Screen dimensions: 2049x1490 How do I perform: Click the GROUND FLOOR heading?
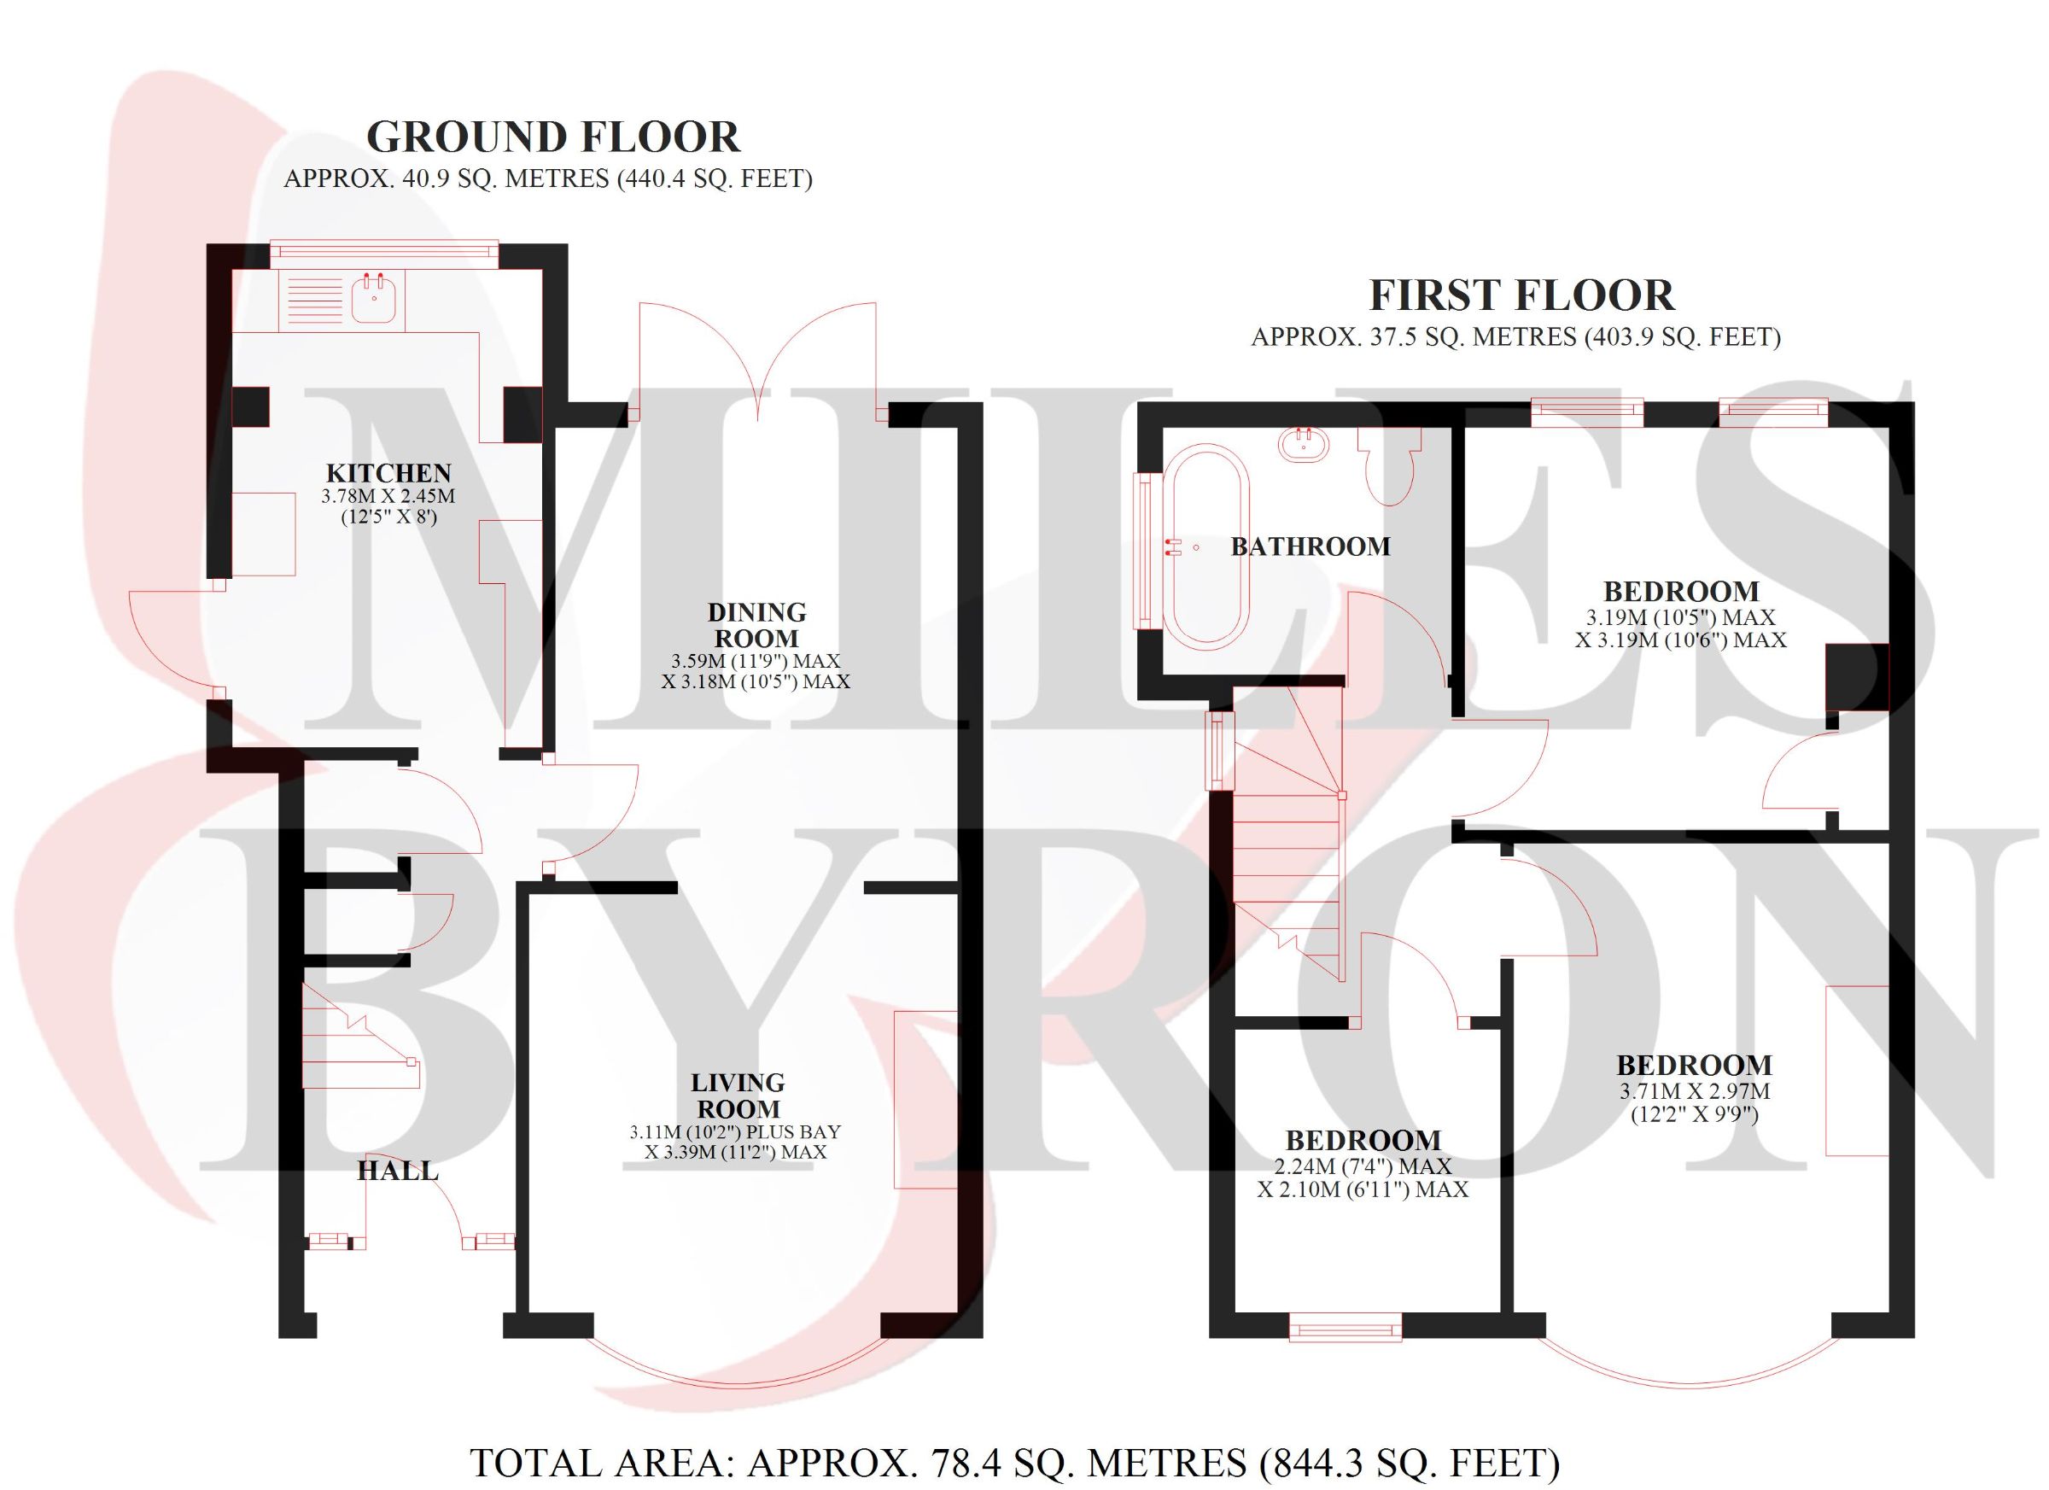tap(553, 137)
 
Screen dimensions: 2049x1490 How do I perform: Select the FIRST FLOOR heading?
tap(1522, 295)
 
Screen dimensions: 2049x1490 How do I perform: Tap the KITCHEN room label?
tap(388, 472)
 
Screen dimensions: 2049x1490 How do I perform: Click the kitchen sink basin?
tap(374, 297)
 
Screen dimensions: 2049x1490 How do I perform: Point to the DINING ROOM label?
tap(756, 625)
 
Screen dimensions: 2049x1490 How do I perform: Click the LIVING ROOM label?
tap(737, 1096)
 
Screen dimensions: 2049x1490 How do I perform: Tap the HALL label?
tap(398, 1171)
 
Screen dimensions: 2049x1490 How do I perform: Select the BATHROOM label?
tap(1310, 546)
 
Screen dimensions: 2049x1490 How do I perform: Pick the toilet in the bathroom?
tap(1391, 465)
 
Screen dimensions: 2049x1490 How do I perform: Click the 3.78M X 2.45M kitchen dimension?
tap(388, 496)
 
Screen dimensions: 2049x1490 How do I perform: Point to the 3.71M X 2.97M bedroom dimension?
tap(1694, 1090)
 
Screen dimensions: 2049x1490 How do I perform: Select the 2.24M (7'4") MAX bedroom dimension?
tap(1363, 1166)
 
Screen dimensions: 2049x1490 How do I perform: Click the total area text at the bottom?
tap(1015, 1463)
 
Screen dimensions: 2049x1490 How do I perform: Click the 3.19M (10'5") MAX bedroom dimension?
tap(1680, 617)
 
